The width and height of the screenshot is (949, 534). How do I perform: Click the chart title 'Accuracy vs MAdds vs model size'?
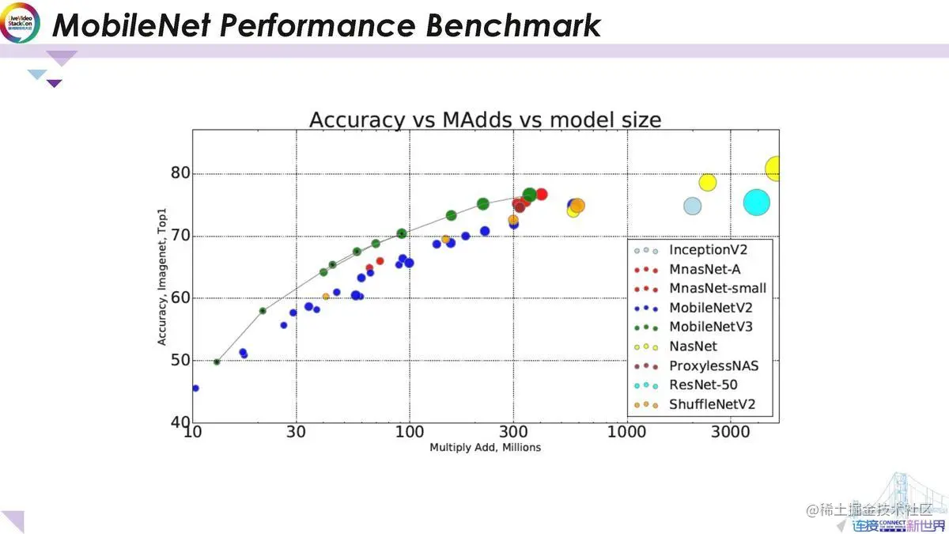pyautogui.click(x=485, y=120)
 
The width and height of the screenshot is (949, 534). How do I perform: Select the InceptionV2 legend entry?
pyautogui.click(x=708, y=250)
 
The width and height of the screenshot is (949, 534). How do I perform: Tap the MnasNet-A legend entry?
pyautogui.click(x=704, y=269)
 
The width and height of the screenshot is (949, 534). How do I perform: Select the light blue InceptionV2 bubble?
pyautogui.click(x=692, y=206)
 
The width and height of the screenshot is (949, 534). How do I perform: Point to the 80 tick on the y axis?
pyautogui.click(x=181, y=174)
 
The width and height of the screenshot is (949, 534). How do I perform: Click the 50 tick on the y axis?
pyautogui.click(x=181, y=360)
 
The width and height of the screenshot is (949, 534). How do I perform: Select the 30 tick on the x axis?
pyautogui.click(x=297, y=433)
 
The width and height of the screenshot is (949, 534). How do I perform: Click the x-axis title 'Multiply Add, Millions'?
pyautogui.click(x=485, y=448)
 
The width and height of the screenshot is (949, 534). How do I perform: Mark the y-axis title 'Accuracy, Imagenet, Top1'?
pyautogui.click(x=162, y=298)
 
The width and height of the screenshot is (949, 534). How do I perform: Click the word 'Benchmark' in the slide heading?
pyautogui.click(x=513, y=25)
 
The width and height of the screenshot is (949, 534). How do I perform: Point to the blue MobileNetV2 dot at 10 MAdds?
pyautogui.click(x=195, y=388)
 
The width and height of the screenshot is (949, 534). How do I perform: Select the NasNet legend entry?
pyautogui.click(x=693, y=347)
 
